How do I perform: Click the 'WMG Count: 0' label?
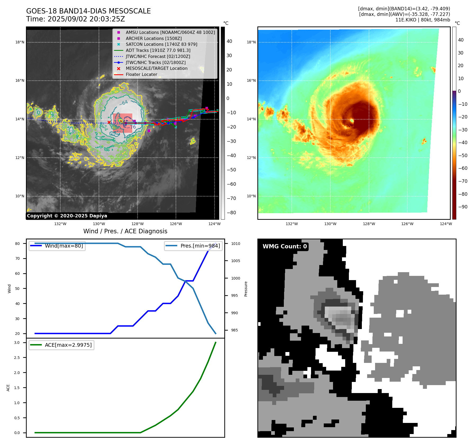click(285, 247)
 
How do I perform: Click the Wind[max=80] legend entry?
click(64, 246)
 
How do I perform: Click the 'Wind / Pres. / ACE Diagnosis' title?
click(125, 231)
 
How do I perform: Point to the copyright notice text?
click(67, 216)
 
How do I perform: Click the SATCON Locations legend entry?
click(161, 44)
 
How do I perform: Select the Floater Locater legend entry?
click(141, 75)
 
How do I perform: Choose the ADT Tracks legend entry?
click(158, 51)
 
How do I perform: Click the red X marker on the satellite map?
click(109, 122)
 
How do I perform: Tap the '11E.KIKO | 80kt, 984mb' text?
click(422, 20)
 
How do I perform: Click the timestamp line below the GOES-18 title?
click(75, 19)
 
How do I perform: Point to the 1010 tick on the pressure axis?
click(235, 244)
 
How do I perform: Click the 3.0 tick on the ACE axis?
click(17, 343)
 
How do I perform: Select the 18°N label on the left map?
click(20, 42)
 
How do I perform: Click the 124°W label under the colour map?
click(446, 224)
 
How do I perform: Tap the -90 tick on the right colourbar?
click(463, 207)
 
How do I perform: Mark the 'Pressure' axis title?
click(246, 289)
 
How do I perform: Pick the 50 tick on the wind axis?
click(17, 289)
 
